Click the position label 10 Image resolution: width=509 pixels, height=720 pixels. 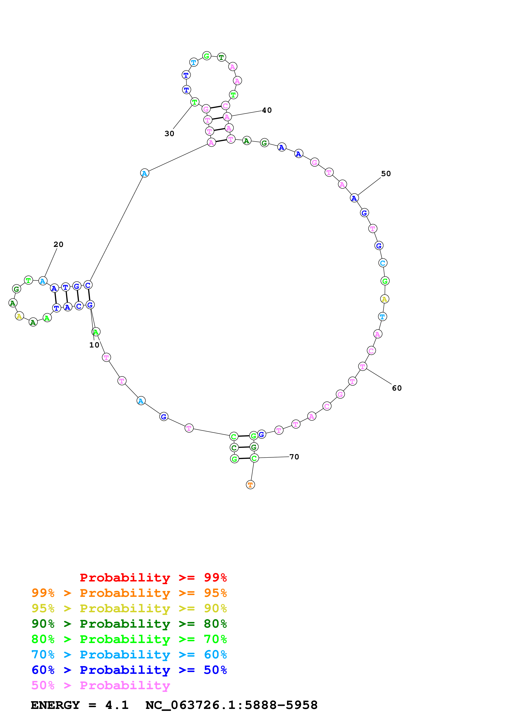94,345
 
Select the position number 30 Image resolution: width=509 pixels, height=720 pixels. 169,134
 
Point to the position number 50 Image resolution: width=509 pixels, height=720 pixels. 386,174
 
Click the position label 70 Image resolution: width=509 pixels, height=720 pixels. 294,457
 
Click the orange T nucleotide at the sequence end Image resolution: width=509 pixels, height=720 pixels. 250,485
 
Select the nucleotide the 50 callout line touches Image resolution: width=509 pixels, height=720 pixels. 354,198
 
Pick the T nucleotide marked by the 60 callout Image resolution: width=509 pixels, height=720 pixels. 363,366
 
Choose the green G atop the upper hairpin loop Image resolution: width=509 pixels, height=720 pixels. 207,56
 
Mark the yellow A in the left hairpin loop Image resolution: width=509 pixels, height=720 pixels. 20,316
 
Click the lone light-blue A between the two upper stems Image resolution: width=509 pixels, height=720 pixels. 144,173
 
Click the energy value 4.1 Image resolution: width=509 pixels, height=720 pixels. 117,705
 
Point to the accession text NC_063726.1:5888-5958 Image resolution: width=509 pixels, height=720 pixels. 231,705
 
